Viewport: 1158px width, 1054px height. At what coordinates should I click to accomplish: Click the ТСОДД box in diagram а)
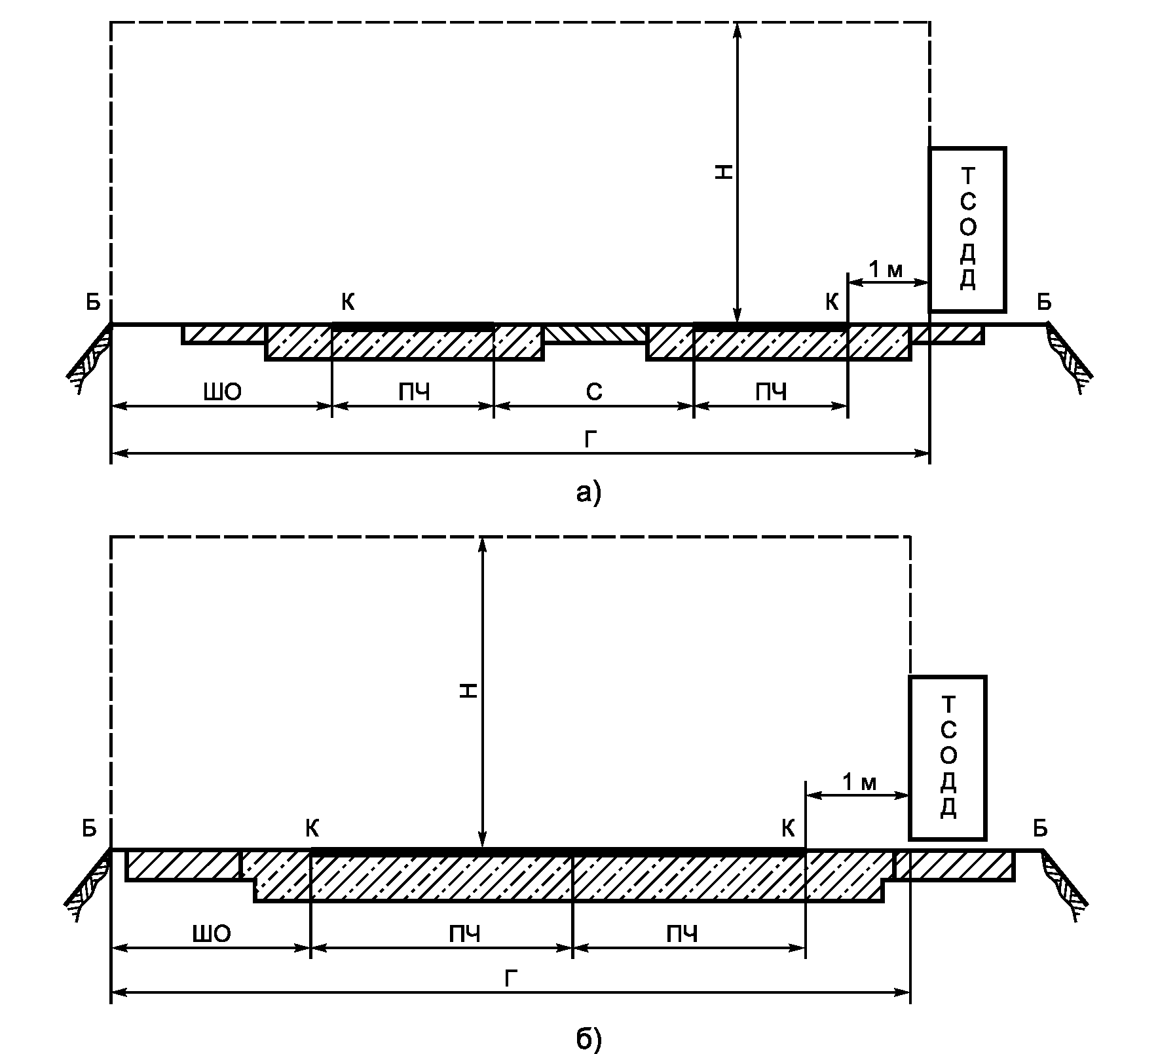click(x=967, y=229)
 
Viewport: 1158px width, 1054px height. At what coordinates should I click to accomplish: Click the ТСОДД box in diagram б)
click(x=947, y=758)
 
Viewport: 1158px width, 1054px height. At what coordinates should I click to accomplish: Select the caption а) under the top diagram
click(x=588, y=491)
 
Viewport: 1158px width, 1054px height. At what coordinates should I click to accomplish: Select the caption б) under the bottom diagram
click(x=588, y=1020)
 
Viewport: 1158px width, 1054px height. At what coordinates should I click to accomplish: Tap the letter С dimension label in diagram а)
click(x=593, y=392)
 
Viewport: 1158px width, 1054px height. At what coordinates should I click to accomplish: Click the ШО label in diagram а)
click(x=223, y=392)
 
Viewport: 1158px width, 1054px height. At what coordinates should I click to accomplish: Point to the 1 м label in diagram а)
click(x=886, y=269)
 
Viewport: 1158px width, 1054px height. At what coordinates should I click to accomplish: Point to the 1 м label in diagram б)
click(x=859, y=782)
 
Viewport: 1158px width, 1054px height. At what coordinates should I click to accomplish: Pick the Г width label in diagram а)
click(x=590, y=440)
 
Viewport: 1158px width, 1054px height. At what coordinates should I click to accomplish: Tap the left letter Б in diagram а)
click(x=92, y=302)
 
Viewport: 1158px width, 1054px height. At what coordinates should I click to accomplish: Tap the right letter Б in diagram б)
click(x=1040, y=829)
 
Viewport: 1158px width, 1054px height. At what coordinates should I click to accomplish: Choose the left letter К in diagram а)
click(x=348, y=302)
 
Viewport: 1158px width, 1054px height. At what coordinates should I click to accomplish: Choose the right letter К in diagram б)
click(x=788, y=829)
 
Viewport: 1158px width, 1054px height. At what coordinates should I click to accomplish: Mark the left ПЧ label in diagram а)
click(x=414, y=392)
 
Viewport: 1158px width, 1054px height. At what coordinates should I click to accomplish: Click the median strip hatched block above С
click(x=595, y=333)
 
